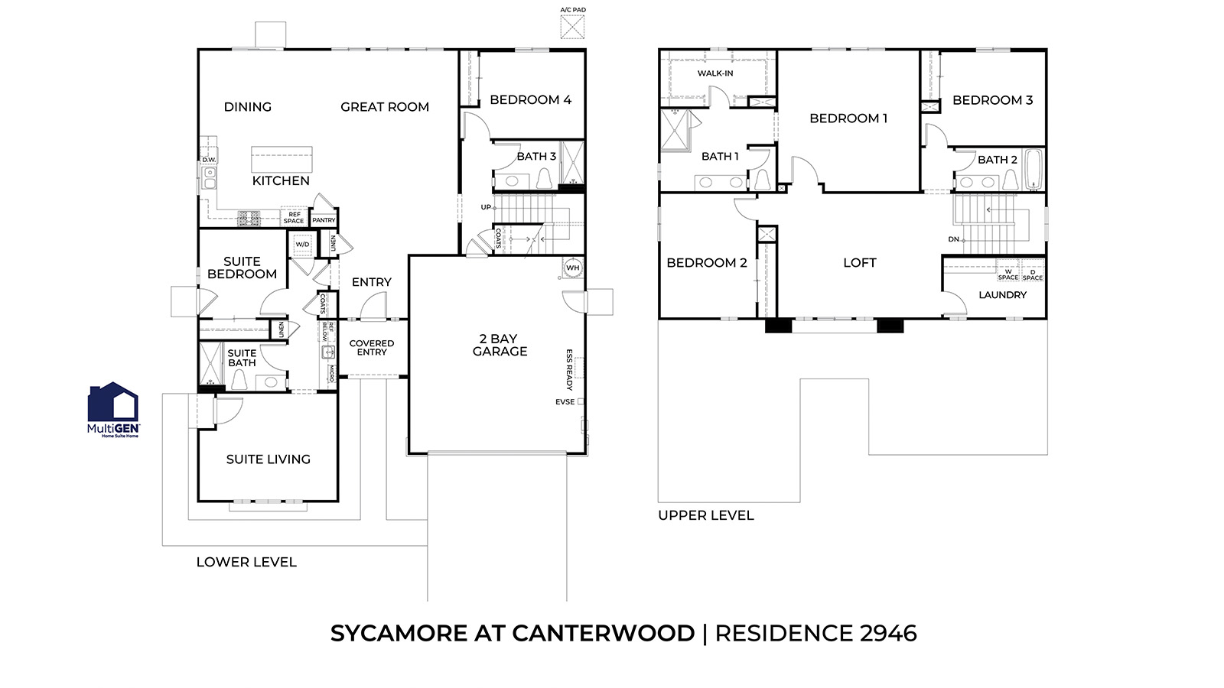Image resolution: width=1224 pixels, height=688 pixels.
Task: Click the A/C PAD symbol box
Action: tap(572, 27)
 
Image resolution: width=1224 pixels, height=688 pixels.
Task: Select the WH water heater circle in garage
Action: tap(572, 268)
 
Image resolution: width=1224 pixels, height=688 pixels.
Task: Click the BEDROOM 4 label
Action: tap(530, 100)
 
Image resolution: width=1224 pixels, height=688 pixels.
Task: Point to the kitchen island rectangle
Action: tap(282, 160)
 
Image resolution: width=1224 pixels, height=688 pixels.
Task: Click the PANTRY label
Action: tap(324, 220)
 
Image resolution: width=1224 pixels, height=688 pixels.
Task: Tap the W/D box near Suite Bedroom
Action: tap(302, 245)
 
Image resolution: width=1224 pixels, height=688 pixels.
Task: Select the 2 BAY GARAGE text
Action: tap(500, 345)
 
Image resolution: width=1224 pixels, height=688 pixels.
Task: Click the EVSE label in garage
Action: tap(565, 402)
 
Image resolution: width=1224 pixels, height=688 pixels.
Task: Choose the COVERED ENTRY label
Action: tap(372, 348)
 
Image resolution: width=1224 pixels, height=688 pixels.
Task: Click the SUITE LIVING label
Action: tap(268, 459)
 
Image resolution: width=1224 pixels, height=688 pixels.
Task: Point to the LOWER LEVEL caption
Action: tap(246, 562)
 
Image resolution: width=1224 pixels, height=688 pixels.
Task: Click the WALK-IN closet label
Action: tap(715, 73)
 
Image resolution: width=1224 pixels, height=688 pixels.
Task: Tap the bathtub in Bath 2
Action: tap(1033, 169)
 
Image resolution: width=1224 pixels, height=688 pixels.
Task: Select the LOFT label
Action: tap(859, 263)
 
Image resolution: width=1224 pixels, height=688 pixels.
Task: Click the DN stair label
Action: tap(953, 239)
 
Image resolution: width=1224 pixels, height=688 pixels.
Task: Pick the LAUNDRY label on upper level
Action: tap(1002, 295)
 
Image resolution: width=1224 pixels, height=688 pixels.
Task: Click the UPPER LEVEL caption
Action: tap(705, 515)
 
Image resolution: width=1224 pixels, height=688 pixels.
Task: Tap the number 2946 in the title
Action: tap(887, 633)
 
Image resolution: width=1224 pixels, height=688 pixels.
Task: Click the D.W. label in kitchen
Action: tap(209, 160)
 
